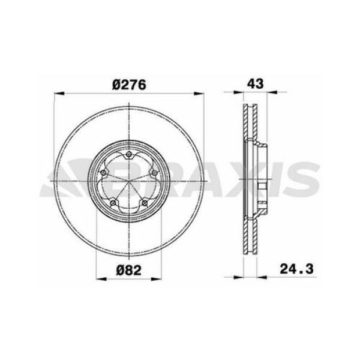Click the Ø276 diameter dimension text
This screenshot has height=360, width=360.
tap(128, 85)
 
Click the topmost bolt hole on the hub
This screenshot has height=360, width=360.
tap(128, 157)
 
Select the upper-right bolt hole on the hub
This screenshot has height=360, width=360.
tap(154, 173)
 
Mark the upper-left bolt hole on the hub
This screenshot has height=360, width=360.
tap(103, 173)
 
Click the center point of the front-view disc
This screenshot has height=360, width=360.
tap(128, 182)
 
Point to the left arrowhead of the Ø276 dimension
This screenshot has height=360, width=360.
tap(58, 93)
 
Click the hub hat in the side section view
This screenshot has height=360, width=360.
tap(262, 182)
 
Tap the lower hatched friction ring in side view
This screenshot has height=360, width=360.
tap(248, 240)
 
